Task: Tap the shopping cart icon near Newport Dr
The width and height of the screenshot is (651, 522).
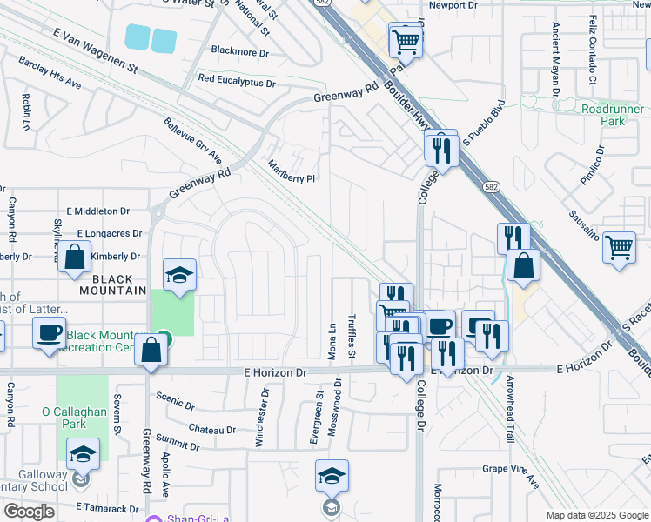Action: [x=405, y=40]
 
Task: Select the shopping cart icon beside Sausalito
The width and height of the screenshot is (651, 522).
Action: [x=619, y=247]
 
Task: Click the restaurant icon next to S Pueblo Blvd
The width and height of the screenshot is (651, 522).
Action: [x=442, y=150]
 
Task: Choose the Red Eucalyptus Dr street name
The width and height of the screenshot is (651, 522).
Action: [x=236, y=79]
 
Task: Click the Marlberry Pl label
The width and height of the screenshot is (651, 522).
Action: [x=291, y=171]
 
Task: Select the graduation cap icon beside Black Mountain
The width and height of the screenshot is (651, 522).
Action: [x=179, y=275]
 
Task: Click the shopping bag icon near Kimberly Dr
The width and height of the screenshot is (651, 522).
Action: [x=75, y=258]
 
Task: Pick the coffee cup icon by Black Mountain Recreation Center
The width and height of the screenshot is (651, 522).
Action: [x=49, y=333]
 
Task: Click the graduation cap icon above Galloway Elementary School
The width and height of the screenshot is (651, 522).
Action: [x=83, y=453]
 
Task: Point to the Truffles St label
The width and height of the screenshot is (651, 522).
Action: [x=352, y=336]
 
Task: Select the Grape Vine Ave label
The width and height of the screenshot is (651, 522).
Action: [x=511, y=471]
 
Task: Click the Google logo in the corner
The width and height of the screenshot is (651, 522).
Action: [x=29, y=512]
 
